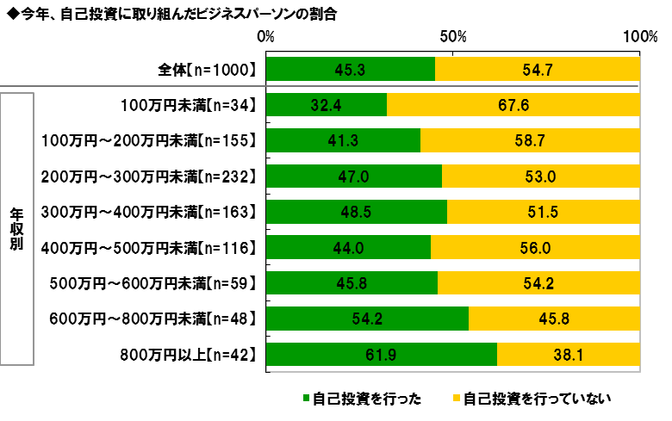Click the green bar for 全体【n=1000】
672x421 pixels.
click(x=351, y=69)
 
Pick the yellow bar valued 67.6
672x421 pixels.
click(x=513, y=105)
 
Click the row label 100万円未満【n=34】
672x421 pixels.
click(x=189, y=105)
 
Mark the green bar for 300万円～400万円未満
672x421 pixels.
click(x=357, y=212)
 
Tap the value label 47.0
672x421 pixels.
click(x=354, y=176)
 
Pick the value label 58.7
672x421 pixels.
click(x=531, y=140)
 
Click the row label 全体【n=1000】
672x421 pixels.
click(x=203, y=69)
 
